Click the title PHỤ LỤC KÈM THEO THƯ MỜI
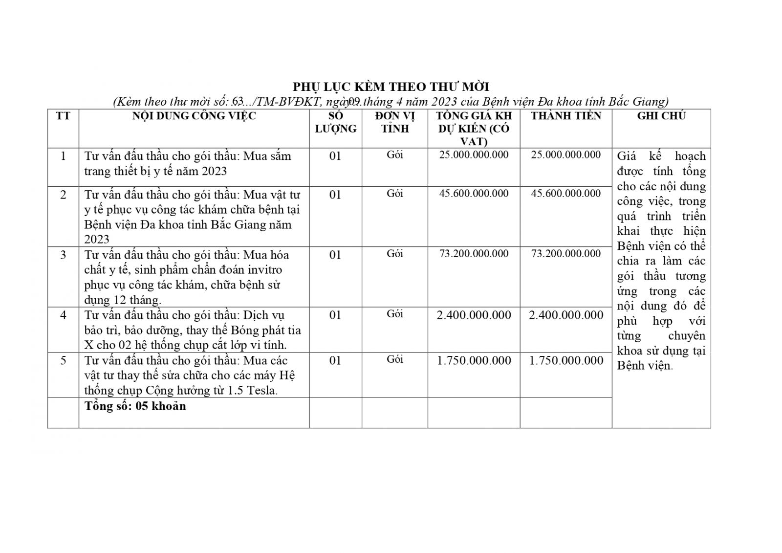coord(391,87)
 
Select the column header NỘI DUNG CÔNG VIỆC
coord(194,116)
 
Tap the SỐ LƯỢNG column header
coord(335,122)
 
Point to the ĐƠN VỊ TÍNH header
coord(394,122)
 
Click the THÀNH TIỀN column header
coord(566,116)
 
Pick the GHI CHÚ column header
coord(661,116)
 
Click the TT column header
coord(63,116)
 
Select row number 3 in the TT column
coord(63,255)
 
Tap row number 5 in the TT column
coord(63,361)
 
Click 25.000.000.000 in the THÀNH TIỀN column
coord(566,155)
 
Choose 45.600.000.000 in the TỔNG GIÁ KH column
coord(474,194)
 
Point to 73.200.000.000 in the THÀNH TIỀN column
coord(566,254)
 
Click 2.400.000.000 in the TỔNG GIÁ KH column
coord(474,315)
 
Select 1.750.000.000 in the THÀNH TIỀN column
coord(566,361)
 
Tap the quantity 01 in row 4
coord(335,315)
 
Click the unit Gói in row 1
coord(394,155)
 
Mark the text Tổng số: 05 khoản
coord(135,406)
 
